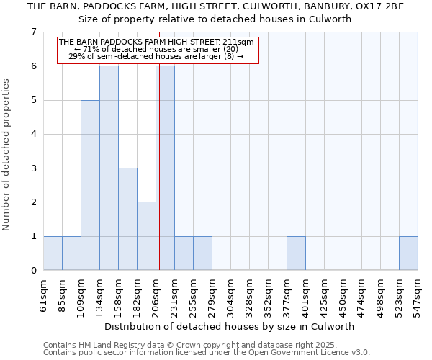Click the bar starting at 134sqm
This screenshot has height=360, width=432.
pos(109,168)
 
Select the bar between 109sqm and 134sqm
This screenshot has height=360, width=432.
pos(90,185)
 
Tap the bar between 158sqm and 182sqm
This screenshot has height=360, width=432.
pos(127,219)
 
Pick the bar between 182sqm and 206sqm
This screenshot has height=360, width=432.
pos(146,236)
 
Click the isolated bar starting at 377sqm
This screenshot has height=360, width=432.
pos(296,253)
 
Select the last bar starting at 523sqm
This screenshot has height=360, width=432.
pos(408,253)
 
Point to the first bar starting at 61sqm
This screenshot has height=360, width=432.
pos(53,253)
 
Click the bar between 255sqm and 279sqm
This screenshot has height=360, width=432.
pos(202,253)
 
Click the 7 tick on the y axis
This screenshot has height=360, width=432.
pos(33,32)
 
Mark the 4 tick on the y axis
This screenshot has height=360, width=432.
pos(33,134)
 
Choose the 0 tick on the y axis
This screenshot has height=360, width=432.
pos(33,271)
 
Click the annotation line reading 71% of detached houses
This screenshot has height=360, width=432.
pos(156,49)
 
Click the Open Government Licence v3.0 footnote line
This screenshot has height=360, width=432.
pos(207,353)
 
